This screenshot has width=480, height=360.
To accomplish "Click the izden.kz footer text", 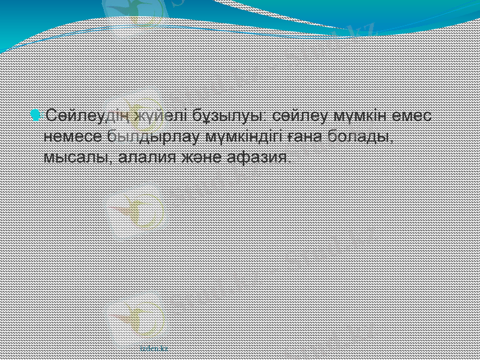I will (154, 347).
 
